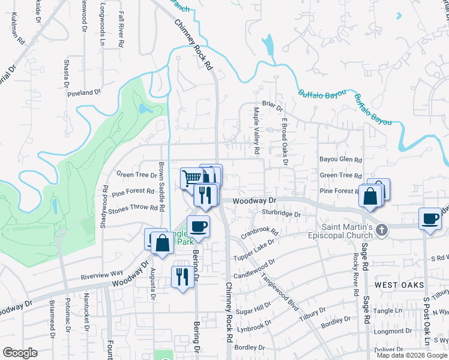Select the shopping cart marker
click(x=191, y=178)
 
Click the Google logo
click(x=20, y=353)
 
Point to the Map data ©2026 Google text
click(x=412, y=355)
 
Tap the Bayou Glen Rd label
click(x=341, y=160)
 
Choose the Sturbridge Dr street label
click(x=280, y=213)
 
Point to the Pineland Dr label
click(x=84, y=93)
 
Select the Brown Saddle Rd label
click(x=161, y=187)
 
